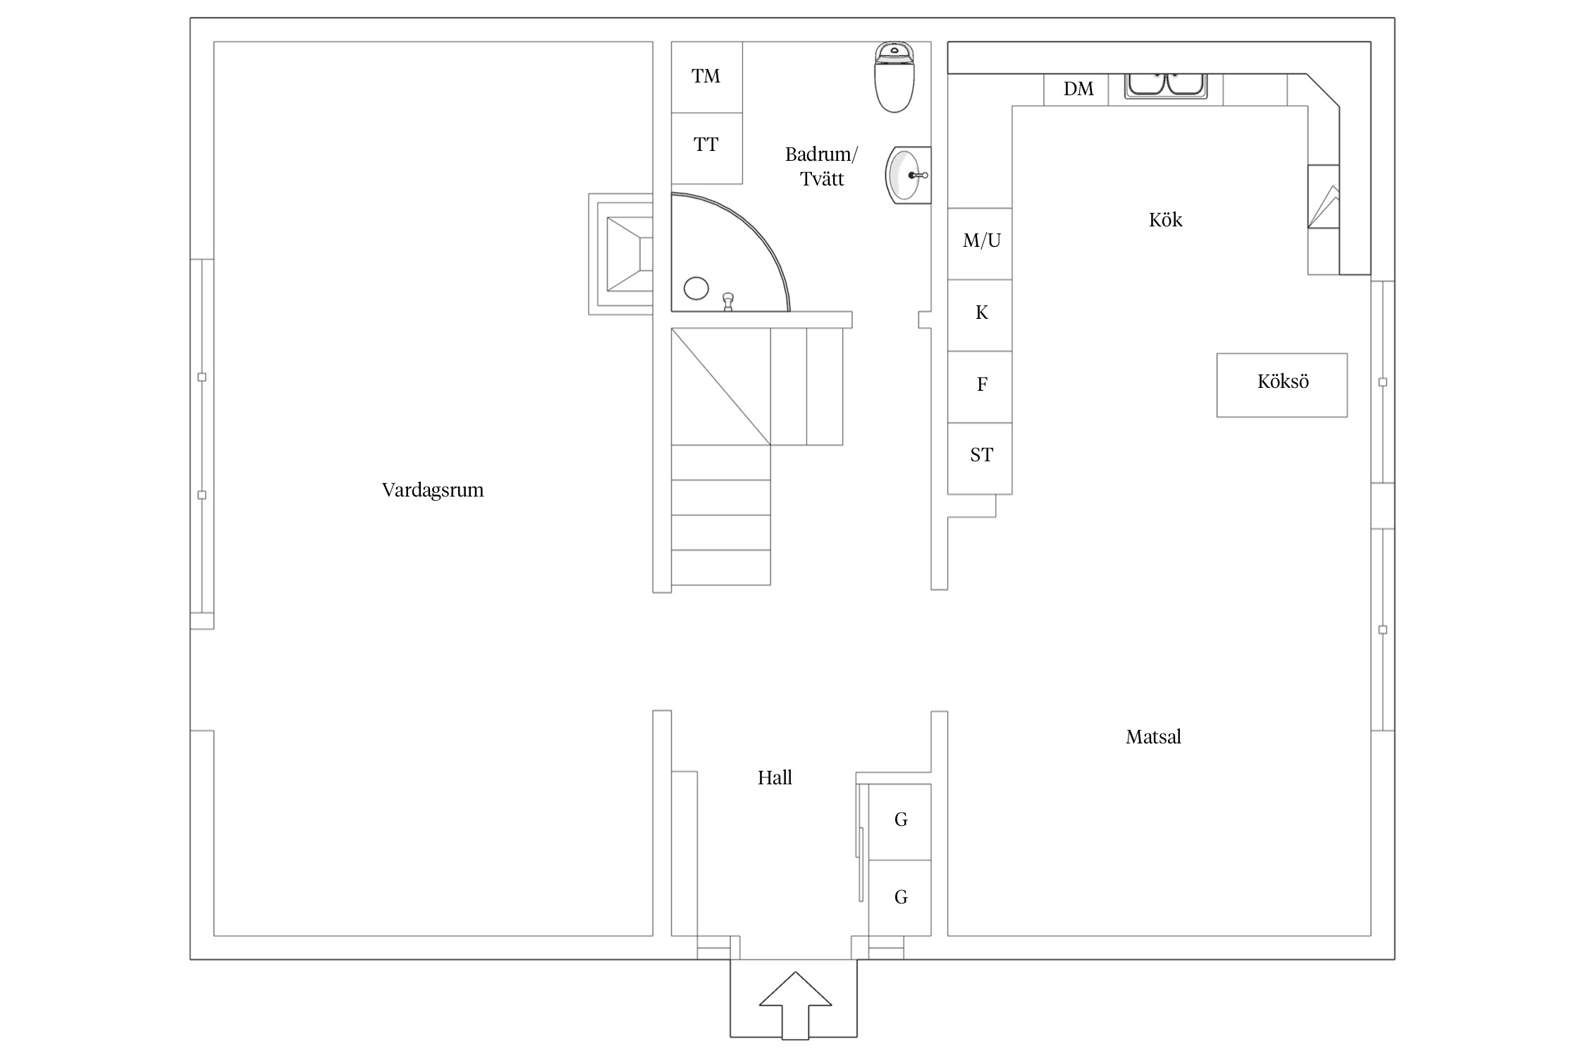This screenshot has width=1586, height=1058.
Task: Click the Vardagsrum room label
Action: tap(433, 490)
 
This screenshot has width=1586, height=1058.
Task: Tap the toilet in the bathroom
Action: tap(895, 77)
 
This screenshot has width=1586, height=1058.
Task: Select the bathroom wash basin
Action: tap(909, 175)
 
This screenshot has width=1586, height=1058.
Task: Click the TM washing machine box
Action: tap(706, 77)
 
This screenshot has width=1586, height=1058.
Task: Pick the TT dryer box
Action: tap(706, 148)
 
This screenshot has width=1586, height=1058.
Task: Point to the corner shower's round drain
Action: tap(696, 288)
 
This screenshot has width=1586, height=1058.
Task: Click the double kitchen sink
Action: tap(1166, 85)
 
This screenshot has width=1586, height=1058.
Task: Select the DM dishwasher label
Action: tap(1078, 89)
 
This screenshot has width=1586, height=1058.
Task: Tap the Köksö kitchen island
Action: tap(1282, 385)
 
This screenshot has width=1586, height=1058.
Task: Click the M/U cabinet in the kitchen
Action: tap(980, 244)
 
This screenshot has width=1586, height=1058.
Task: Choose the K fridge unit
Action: tap(980, 315)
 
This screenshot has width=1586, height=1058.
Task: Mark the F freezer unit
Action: tap(980, 387)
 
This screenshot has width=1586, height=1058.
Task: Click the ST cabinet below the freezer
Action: tap(980, 458)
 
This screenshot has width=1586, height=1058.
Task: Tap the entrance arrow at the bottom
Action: tap(795, 1005)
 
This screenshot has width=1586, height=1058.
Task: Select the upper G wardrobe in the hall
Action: tap(900, 822)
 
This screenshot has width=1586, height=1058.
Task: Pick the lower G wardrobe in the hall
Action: tap(900, 898)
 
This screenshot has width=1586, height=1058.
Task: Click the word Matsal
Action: tap(1153, 737)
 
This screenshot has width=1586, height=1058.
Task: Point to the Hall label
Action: tap(775, 778)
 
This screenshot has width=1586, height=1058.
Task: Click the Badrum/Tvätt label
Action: tap(822, 166)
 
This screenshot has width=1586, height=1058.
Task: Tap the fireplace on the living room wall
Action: tap(621, 254)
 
